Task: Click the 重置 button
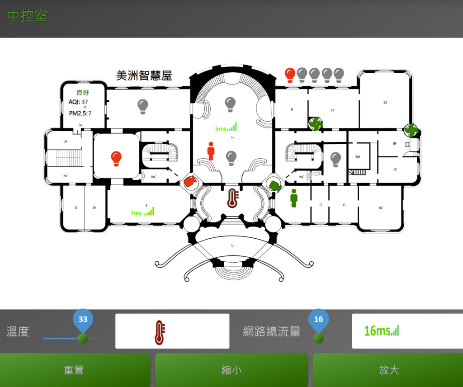[75, 370]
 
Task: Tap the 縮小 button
[231, 370]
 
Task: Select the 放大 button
[388, 370]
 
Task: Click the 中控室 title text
[27, 16]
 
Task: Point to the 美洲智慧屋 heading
[144, 76]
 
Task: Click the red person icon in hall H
[211, 151]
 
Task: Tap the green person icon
[294, 198]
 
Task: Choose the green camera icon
[275, 185]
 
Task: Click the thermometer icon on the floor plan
[232, 198]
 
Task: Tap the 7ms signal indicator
[142, 212]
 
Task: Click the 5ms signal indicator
[226, 128]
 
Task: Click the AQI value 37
[85, 102]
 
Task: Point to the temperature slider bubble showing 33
[83, 320]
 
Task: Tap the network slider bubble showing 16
[318, 320]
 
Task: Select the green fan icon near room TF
[315, 123]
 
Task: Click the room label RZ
[381, 208]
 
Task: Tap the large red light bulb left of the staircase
[116, 158]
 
